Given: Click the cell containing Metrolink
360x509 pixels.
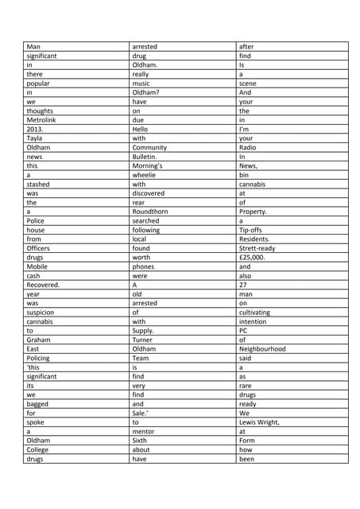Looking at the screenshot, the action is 42,120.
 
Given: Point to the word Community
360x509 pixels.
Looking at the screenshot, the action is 149,148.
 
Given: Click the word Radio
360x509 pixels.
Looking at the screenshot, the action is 248,148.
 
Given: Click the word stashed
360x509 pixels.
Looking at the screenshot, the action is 38,185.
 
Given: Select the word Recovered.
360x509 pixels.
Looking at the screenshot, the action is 43,285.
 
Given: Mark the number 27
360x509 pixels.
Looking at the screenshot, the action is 244,285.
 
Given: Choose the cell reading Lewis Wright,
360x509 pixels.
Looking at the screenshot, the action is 260,422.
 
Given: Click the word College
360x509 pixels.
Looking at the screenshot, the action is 37,450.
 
